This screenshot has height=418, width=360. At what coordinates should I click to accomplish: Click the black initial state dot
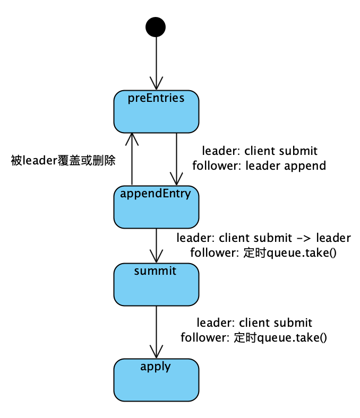click(x=156, y=27)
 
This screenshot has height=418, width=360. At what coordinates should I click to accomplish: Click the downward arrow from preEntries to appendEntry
click(x=176, y=159)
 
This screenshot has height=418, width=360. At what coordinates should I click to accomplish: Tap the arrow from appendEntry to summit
click(x=156, y=244)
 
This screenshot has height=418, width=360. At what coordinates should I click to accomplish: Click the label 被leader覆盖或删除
click(x=63, y=160)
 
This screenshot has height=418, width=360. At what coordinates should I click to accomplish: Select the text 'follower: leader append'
click(x=259, y=166)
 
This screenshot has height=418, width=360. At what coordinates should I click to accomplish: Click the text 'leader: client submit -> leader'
click(x=263, y=237)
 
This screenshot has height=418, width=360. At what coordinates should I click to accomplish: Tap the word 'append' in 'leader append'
click(x=305, y=166)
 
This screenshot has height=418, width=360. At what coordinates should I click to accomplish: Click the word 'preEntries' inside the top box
click(x=156, y=98)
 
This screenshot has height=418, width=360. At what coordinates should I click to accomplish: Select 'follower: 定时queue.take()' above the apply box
click(x=253, y=337)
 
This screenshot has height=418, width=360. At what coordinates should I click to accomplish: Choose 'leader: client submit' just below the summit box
click(x=254, y=323)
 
